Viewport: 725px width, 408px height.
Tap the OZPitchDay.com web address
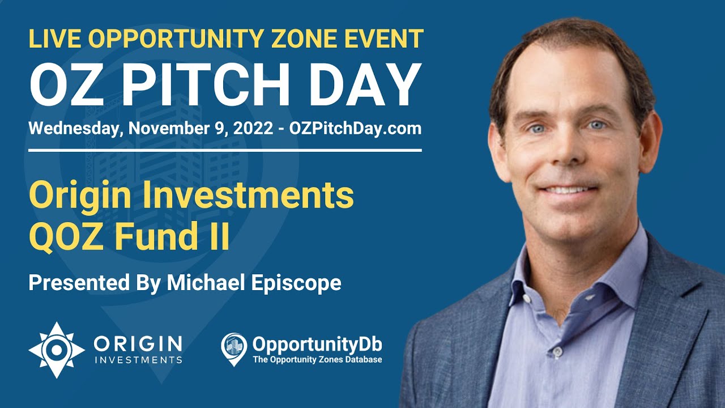(x=355, y=128)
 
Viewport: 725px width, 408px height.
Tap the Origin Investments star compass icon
(x=56, y=350)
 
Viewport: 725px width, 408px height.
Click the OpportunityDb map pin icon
(x=233, y=347)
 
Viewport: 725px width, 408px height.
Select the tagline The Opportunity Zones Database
(x=317, y=359)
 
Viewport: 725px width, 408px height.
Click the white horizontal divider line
(x=225, y=150)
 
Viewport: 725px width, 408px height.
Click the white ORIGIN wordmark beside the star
(x=138, y=343)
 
